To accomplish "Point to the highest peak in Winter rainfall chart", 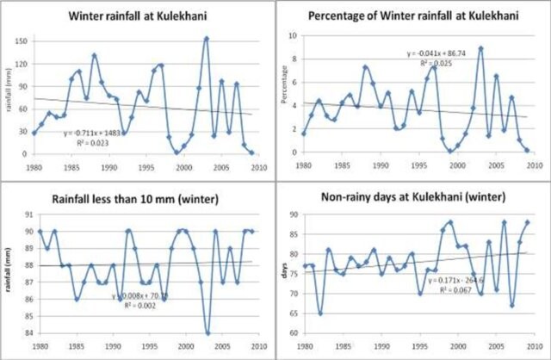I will click(x=207, y=39).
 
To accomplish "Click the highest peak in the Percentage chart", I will click(x=480, y=48).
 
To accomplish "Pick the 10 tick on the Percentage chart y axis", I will click(x=294, y=36).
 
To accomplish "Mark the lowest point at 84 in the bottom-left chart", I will click(x=207, y=332).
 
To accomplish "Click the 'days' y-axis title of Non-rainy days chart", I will click(x=285, y=274).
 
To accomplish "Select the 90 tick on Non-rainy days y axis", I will click(x=293, y=215).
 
